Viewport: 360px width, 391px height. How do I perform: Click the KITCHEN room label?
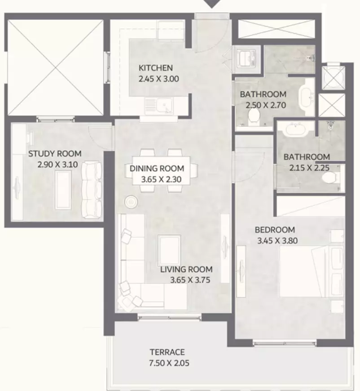(155, 68)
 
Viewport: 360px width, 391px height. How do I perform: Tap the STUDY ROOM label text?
(55, 154)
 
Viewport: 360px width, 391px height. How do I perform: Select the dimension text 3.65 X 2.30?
(161, 179)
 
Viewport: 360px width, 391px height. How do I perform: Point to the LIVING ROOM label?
(186, 269)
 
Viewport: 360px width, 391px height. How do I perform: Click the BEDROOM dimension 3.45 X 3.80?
(277, 240)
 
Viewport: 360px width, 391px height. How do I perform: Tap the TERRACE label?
(167, 352)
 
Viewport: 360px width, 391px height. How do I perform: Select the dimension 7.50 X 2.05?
(169, 363)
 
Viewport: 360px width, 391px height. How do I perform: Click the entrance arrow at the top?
(212, 4)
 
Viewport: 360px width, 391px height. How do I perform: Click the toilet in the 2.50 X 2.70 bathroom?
(254, 117)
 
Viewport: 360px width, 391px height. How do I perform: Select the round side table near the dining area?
(131, 201)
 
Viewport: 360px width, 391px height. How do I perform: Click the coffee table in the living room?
(169, 251)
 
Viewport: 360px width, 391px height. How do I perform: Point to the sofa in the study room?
(92, 190)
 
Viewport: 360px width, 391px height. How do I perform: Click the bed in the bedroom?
(312, 271)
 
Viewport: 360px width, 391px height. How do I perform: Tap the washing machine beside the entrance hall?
(246, 59)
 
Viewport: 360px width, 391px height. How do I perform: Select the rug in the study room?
(63, 190)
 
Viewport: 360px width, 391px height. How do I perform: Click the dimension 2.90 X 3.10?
(57, 164)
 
